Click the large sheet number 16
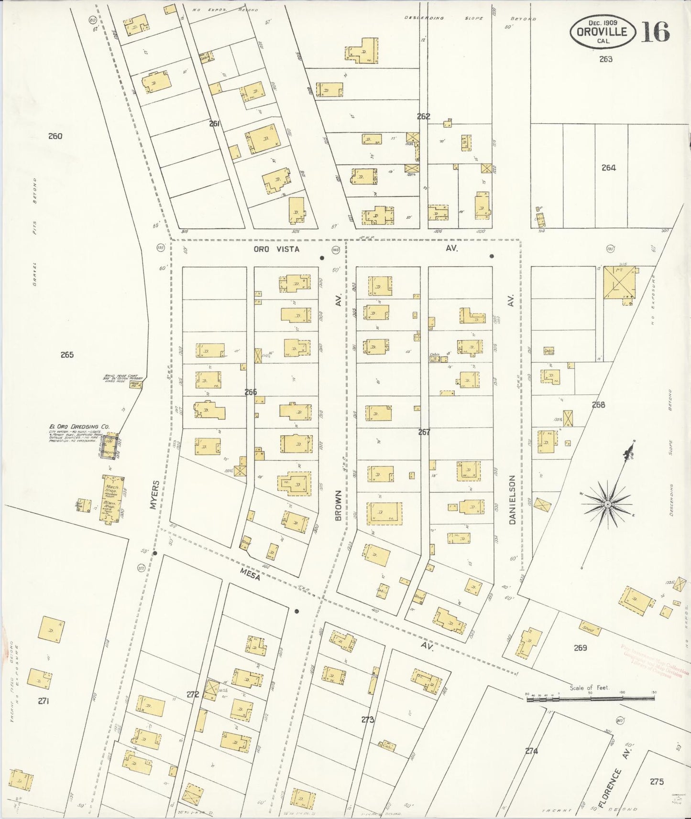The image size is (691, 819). [x=655, y=32]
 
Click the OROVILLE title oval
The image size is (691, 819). [x=602, y=32]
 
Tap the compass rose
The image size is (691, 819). [x=607, y=505]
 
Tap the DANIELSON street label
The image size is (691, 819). [x=512, y=499]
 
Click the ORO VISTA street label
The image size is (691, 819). [x=276, y=249]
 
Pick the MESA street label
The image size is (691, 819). [x=250, y=575]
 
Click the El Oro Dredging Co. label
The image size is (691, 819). [x=79, y=427]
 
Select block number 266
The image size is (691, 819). [x=251, y=392]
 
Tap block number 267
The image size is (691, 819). [x=424, y=432]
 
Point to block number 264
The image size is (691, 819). [x=608, y=168]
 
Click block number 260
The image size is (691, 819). [x=55, y=136]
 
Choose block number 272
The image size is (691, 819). [x=193, y=695]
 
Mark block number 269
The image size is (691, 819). [x=581, y=648]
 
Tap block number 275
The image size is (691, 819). [x=657, y=782]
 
